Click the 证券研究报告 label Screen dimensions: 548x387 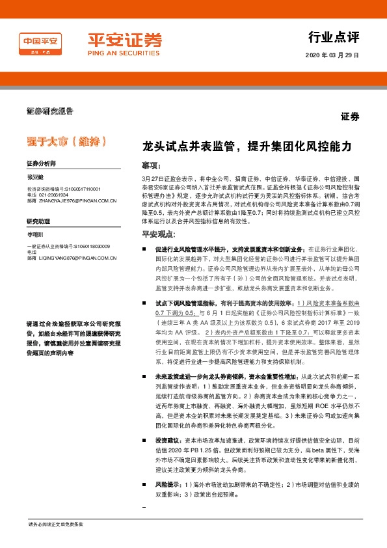(x=49, y=112)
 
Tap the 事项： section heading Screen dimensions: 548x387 (x=152, y=165)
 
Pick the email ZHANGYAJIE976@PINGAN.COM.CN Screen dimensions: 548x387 (x=76, y=201)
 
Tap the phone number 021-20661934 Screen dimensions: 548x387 (x=53, y=195)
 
